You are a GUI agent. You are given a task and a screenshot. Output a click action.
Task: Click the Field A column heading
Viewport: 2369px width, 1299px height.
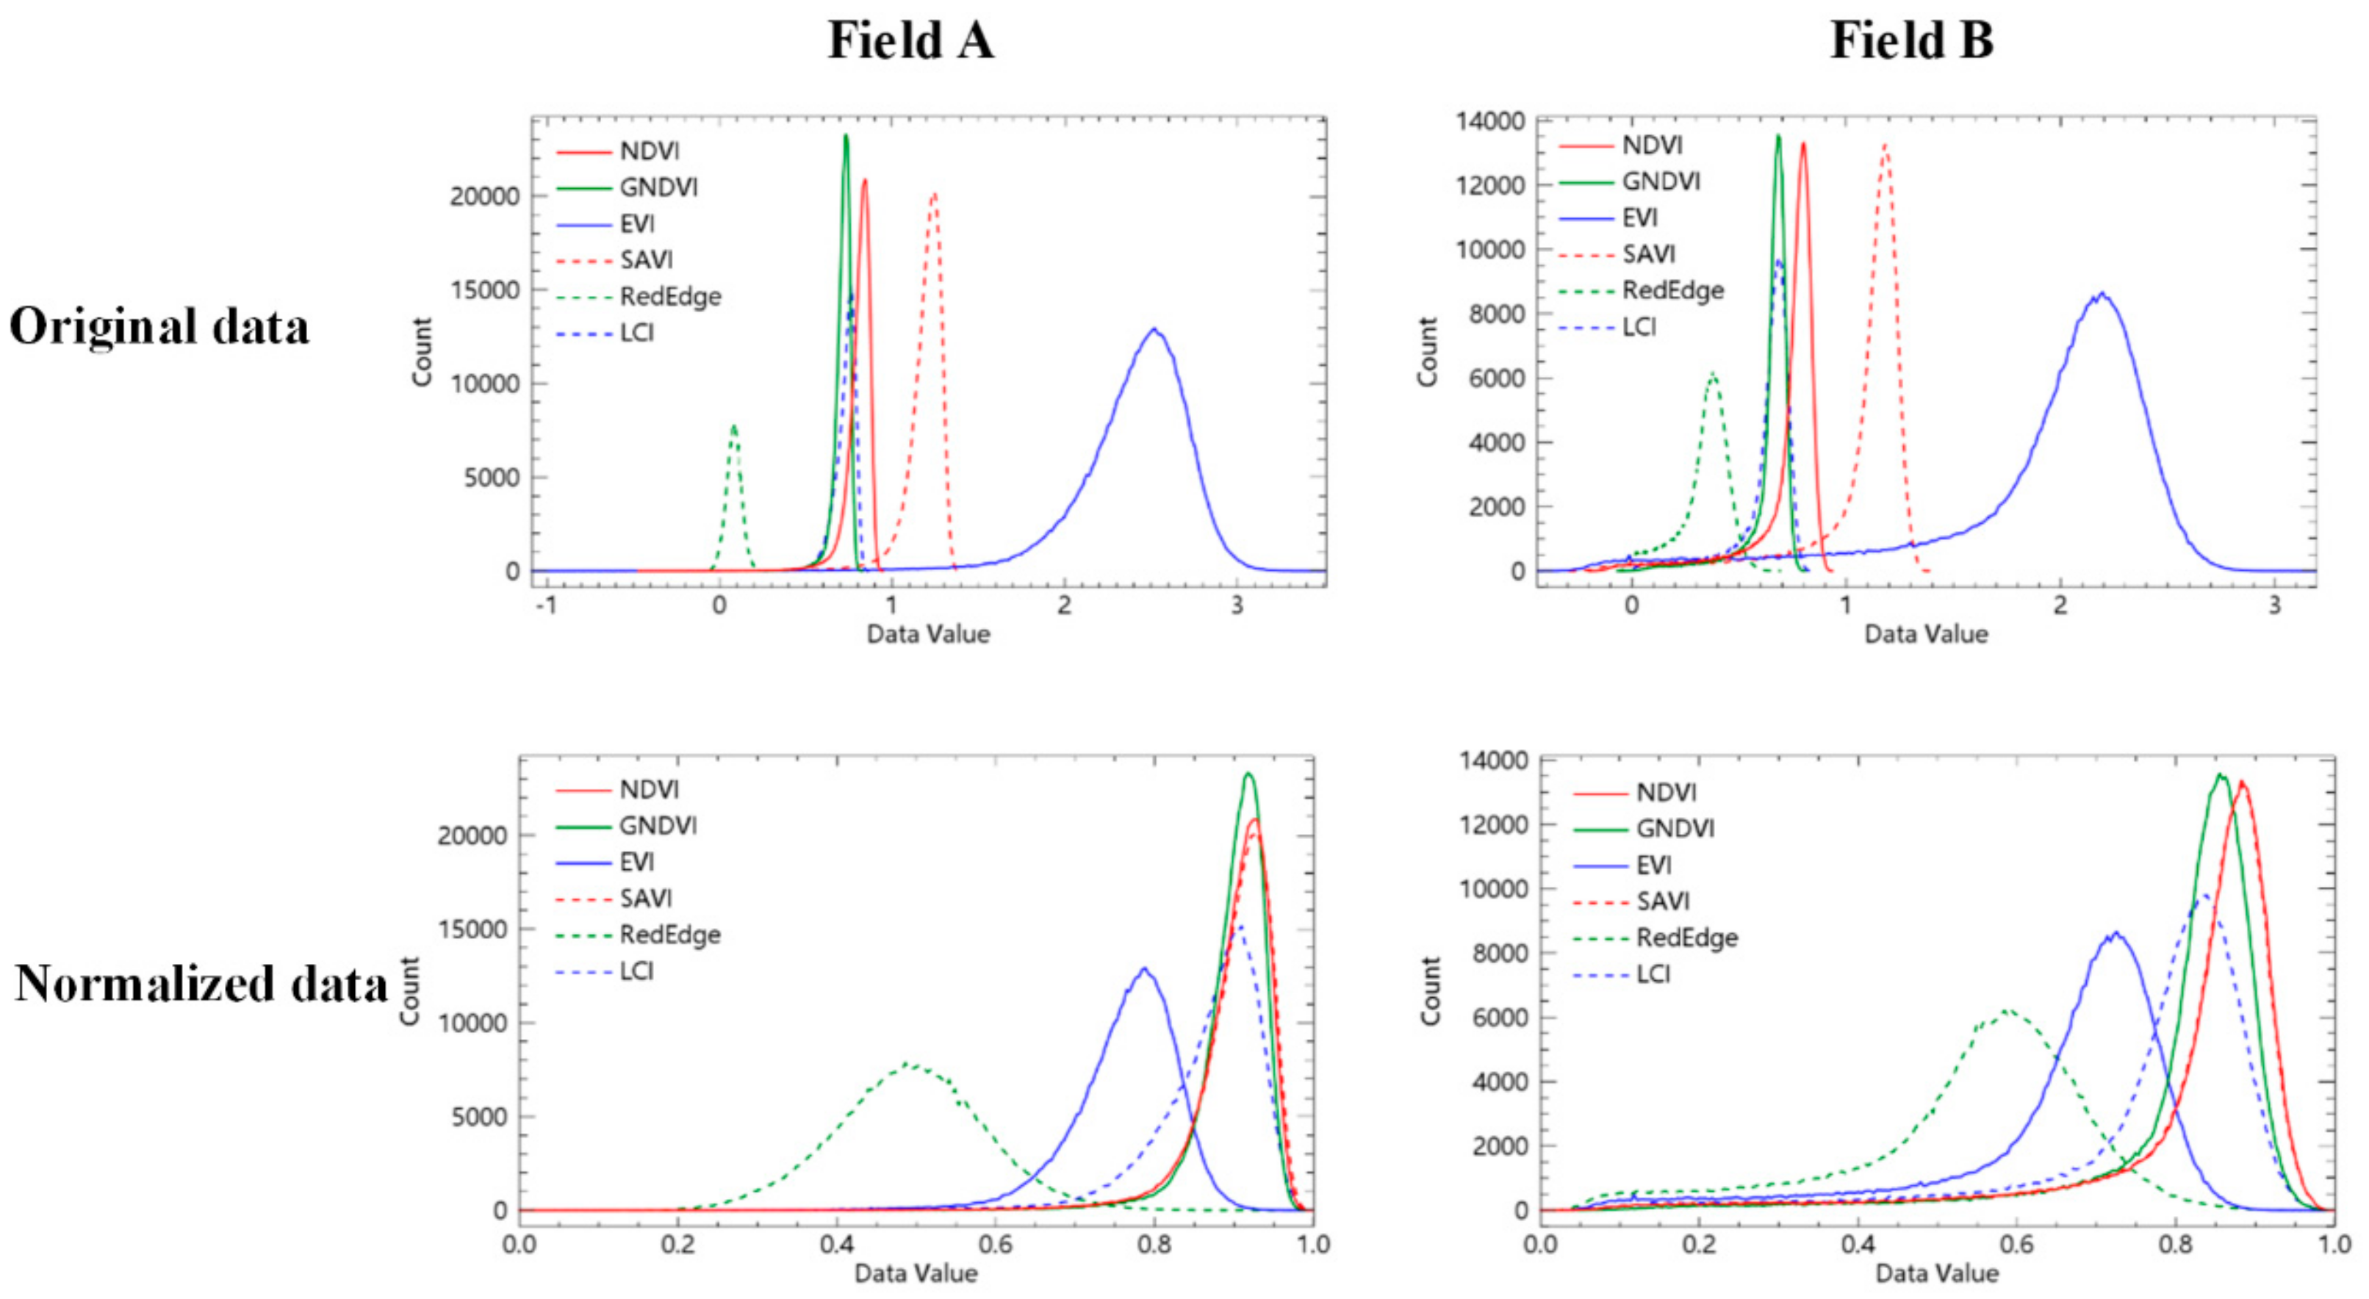point(910,41)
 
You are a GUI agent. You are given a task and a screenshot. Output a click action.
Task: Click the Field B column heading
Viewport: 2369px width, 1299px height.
point(1912,41)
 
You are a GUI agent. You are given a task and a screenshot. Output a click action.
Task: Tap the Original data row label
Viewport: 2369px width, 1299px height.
point(159,327)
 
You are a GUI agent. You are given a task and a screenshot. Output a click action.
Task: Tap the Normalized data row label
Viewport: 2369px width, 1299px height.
point(201,984)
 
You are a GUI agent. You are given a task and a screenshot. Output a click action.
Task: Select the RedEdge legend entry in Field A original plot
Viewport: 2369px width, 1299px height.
point(669,297)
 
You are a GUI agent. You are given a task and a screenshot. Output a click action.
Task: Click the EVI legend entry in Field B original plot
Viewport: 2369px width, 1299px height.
point(1640,218)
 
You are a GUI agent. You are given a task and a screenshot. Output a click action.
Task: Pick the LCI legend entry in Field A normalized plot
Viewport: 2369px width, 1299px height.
point(636,972)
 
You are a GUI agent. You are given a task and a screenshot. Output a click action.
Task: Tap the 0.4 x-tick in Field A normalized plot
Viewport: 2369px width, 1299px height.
point(837,1245)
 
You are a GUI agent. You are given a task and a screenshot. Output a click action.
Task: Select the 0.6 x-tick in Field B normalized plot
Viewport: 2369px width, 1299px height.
point(2017,1245)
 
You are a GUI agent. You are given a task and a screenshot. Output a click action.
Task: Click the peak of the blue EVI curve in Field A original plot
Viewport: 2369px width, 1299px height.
point(1154,329)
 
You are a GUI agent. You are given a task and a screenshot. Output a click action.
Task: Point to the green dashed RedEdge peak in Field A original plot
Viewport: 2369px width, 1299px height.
point(733,425)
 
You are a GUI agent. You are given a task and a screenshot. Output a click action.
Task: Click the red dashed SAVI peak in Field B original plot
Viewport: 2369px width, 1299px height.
point(1886,144)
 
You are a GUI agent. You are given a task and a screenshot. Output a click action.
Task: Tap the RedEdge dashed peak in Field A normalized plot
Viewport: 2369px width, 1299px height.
point(907,1064)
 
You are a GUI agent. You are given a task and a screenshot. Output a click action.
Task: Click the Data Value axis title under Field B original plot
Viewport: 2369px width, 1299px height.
point(1926,634)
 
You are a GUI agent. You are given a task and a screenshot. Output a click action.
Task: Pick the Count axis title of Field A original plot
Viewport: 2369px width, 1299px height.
point(422,352)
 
